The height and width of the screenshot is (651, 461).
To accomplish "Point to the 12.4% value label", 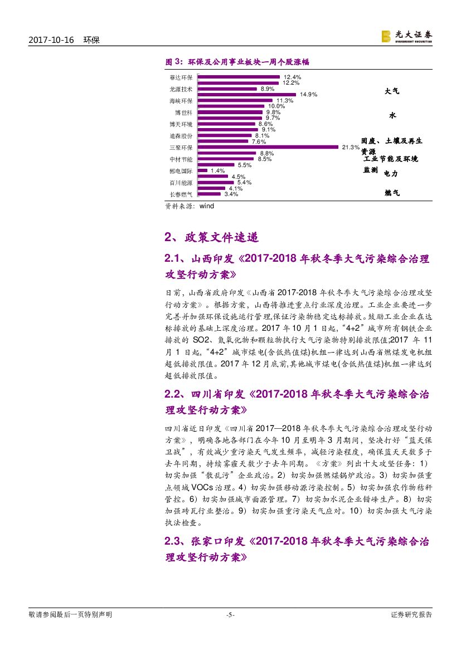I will tap(292, 77).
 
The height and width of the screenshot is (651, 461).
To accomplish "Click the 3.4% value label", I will tap(231, 194).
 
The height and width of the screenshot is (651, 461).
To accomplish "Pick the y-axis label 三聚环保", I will tap(181, 148).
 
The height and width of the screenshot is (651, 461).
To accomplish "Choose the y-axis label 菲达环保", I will tap(181, 77).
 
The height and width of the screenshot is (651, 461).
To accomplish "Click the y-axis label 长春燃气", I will tap(181, 194).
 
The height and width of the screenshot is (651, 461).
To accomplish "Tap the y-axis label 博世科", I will tap(185, 112).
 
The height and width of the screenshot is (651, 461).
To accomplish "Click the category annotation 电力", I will tap(391, 174).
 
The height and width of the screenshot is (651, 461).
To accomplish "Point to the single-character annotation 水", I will tap(392, 116).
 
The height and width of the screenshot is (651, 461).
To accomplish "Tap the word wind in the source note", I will tap(206, 205).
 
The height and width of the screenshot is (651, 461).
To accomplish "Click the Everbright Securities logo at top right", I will tap(406, 36).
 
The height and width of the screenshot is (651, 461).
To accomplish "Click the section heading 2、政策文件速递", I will tap(211, 237).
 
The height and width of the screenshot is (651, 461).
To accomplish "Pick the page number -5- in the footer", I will tap(230, 615).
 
